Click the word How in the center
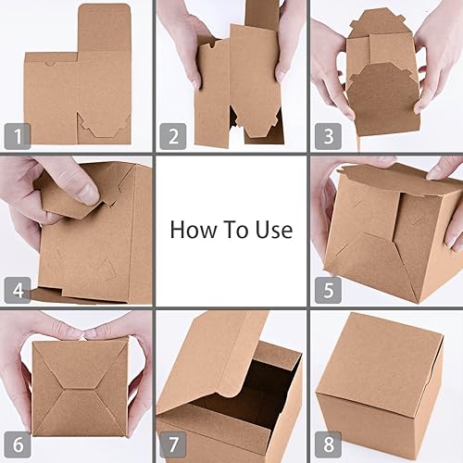[191, 229]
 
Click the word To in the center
[234, 229]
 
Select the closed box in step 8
[380, 389]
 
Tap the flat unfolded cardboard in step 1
[79, 88]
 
